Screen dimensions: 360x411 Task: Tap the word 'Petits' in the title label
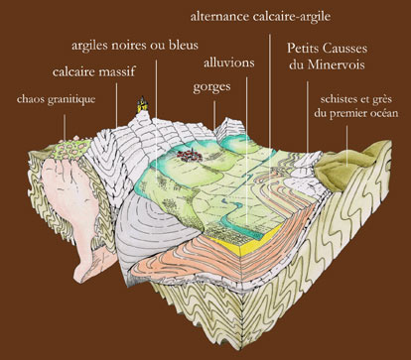[306, 47]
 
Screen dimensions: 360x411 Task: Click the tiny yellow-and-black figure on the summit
[142, 102]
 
